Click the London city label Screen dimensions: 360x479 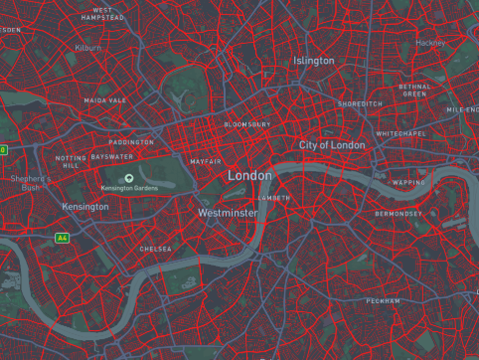tap(249, 176)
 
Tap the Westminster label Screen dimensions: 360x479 tap(228, 213)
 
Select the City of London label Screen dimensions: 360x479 tap(332, 145)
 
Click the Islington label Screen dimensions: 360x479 tap(314, 62)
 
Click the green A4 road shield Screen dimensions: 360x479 tap(62, 238)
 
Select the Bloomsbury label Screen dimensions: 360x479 tap(246, 124)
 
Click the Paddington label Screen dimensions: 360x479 tap(131, 142)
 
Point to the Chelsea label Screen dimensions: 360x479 tap(155, 249)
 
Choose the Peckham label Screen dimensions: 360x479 tap(383, 300)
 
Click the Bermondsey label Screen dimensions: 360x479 tap(399, 214)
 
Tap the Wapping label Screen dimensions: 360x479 tap(407, 183)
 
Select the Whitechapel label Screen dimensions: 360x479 tap(400, 133)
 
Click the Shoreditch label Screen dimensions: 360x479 tap(360, 103)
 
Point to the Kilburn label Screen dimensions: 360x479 tap(87, 47)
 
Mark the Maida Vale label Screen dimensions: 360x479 tap(105, 100)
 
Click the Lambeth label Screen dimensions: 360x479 tap(274, 198)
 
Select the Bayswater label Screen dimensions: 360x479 tap(111, 157)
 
